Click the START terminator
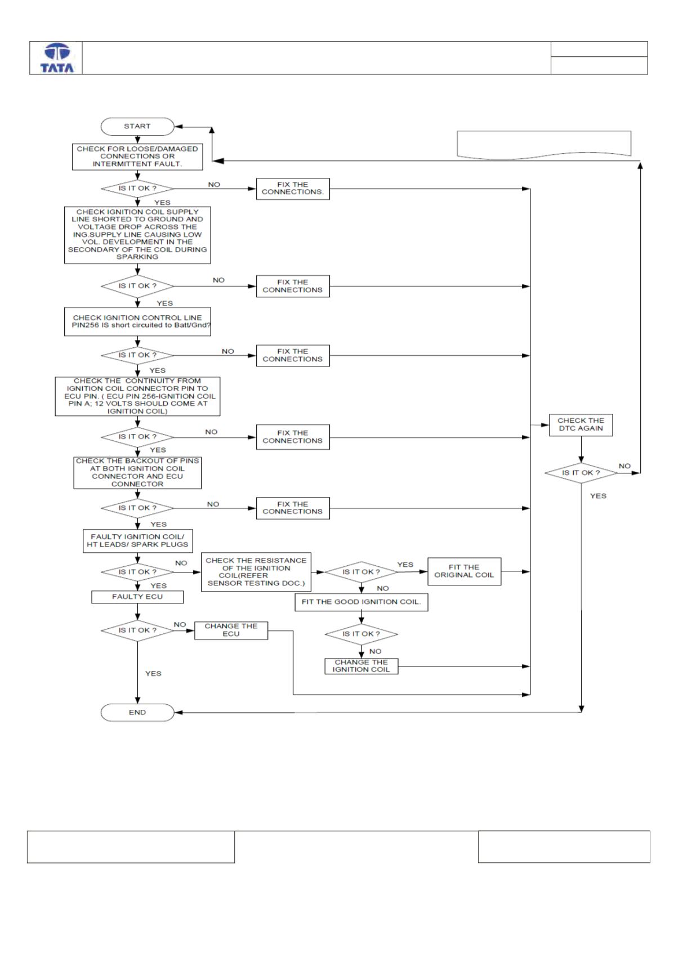coord(137,126)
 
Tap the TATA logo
coord(57,58)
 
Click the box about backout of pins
coord(137,473)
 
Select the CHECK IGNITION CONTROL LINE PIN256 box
coord(137,321)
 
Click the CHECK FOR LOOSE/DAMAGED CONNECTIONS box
coord(137,156)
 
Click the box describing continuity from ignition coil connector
coord(137,396)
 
